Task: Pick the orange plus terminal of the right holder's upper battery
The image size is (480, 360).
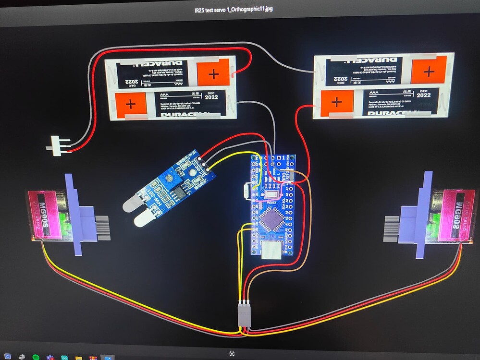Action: pos(429,71)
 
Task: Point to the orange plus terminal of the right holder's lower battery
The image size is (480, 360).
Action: pos(337,102)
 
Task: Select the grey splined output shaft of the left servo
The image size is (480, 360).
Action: pos(102,228)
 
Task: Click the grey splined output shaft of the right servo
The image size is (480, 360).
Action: pos(392,229)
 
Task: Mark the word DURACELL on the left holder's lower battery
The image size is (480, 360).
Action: pos(183,114)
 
